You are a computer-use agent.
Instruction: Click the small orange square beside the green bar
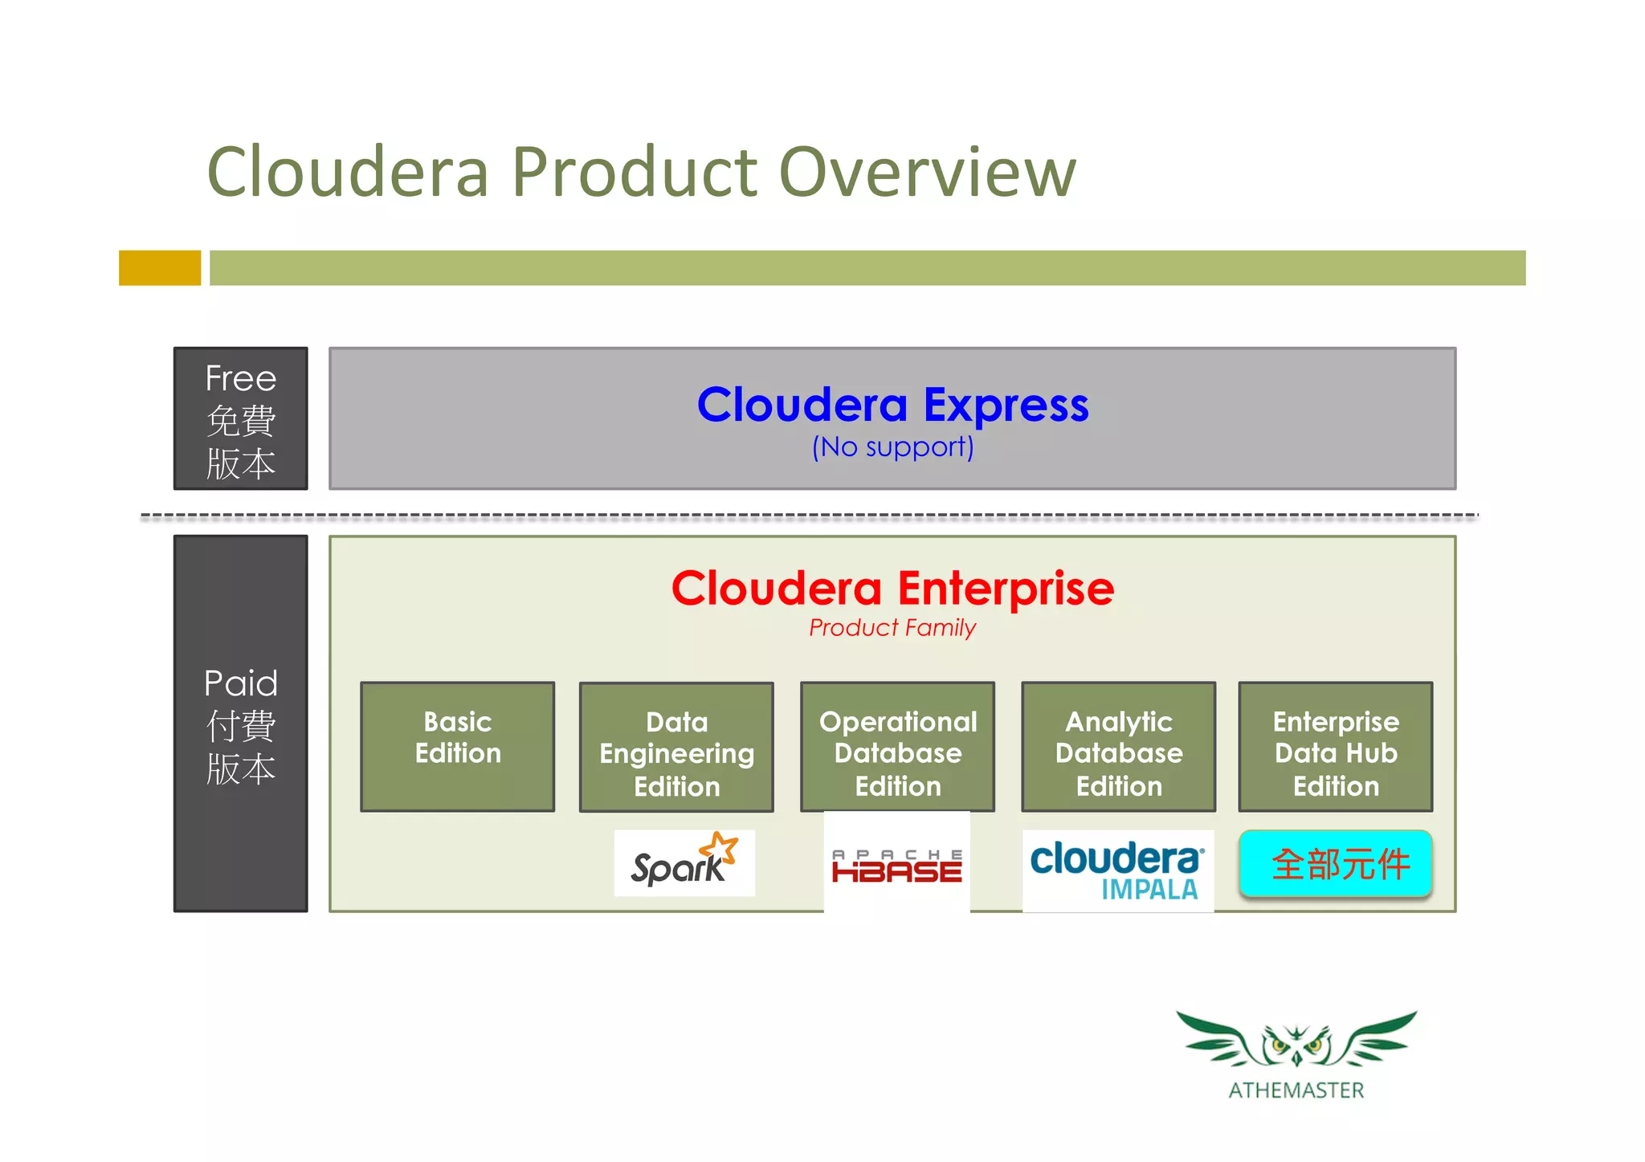click(159, 267)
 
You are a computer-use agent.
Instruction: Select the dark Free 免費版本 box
click(240, 419)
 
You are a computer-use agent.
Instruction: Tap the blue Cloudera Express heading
click(892, 405)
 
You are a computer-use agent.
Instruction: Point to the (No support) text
click(892, 447)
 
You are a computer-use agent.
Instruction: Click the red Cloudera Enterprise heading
click(892, 589)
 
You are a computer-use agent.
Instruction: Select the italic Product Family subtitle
click(892, 627)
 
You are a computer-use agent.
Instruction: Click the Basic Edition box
click(457, 746)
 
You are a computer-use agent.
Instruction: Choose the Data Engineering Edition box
click(676, 747)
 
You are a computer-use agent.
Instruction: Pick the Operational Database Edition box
click(897, 747)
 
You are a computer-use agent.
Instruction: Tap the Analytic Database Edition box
click(1118, 747)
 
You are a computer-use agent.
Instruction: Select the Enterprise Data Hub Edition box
click(1335, 747)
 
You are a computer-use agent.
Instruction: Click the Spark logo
click(683, 863)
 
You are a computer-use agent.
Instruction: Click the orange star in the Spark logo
click(720, 847)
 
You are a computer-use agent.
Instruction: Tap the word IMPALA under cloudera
click(1149, 890)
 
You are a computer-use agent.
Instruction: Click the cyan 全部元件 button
click(1335, 864)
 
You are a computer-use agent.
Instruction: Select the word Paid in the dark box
click(240, 683)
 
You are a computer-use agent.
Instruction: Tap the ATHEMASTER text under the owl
click(1296, 1091)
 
